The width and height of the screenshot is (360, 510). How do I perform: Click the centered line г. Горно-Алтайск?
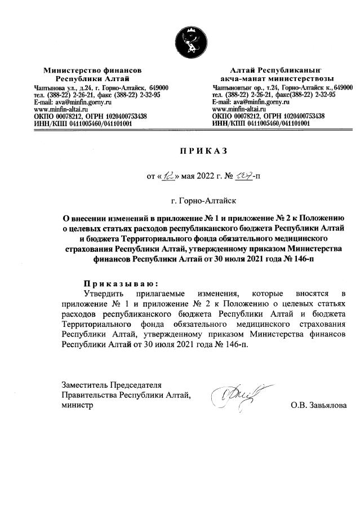[203, 200]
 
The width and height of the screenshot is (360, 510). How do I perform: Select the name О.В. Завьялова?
[318, 405]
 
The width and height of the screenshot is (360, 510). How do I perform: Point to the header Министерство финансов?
[92, 70]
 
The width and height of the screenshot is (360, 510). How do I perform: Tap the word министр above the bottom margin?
[77, 405]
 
